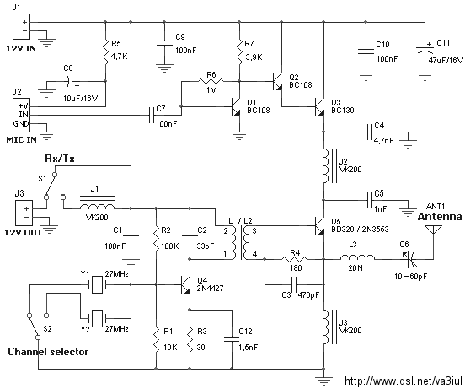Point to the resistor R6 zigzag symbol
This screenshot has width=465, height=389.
pos(211,81)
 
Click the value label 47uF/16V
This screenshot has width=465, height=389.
pos(446,61)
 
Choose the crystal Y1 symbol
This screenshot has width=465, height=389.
pos(97,284)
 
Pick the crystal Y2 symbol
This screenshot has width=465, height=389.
pos(97,318)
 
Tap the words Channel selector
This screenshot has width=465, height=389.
pos(48,352)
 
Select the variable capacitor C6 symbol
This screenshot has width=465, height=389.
pos(411,259)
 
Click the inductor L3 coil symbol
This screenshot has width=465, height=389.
pos(357,257)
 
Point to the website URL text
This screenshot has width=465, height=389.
pos(404,381)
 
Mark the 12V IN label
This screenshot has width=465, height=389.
pos(21,49)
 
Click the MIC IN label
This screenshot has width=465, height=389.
pos(22,139)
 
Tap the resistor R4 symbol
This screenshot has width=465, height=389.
pos(294,259)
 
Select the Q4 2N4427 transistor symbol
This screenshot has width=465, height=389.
pos(186,284)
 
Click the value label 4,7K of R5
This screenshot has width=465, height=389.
pos(120,57)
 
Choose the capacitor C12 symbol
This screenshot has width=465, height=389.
pos(232,339)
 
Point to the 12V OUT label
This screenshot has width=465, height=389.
pos(23,232)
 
